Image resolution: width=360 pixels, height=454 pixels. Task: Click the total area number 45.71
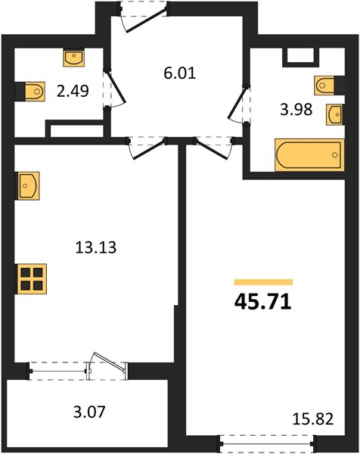(262, 302)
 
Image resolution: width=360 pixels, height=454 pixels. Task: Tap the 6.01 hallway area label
(180, 73)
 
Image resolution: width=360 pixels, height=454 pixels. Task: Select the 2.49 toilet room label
(73, 92)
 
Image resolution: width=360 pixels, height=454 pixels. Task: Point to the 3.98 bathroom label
(296, 110)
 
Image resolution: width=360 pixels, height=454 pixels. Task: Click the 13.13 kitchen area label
(96, 247)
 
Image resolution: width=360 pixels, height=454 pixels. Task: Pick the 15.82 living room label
(313, 419)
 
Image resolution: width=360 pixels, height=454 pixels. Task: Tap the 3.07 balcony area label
(89, 412)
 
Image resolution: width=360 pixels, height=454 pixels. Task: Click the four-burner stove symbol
(32, 279)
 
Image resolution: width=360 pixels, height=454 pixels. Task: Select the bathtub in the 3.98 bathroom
(309, 155)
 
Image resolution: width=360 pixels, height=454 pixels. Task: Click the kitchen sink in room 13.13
(28, 186)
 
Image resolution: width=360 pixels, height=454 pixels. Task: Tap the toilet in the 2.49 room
(35, 92)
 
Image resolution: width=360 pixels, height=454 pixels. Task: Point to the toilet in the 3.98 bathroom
(324, 86)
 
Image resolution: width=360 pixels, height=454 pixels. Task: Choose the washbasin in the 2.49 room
(74, 58)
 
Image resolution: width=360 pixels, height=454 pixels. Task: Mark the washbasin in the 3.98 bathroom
(334, 115)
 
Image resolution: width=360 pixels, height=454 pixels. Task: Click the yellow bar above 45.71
(264, 282)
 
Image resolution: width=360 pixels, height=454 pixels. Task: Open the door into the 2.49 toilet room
(116, 89)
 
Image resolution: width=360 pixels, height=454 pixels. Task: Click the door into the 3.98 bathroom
(238, 104)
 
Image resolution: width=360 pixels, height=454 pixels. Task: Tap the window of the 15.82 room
(266, 443)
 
